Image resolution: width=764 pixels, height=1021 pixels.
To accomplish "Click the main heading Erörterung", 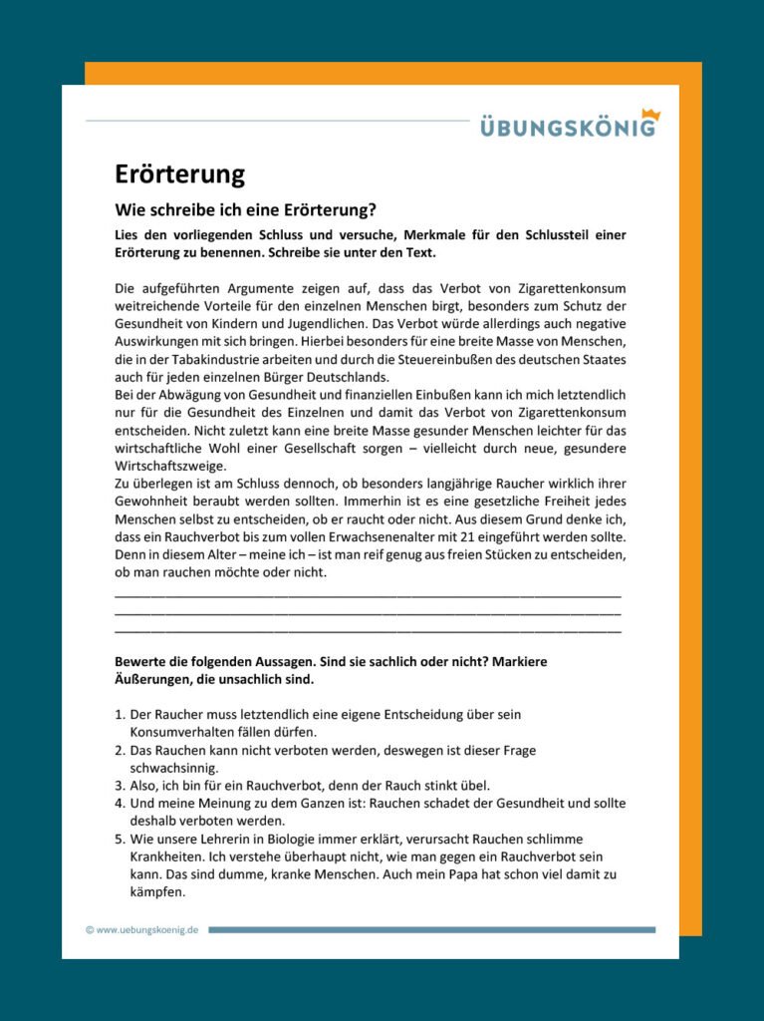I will (x=179, y=174).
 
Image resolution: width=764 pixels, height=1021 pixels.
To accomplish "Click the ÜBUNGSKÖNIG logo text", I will (x=568, y=128).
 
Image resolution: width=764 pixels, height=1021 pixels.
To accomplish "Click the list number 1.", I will (x=120, y=715).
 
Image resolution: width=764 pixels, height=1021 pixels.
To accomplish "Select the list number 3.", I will (x=120, y=786).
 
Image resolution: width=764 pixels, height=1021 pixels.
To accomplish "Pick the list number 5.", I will (x=120, y=840).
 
